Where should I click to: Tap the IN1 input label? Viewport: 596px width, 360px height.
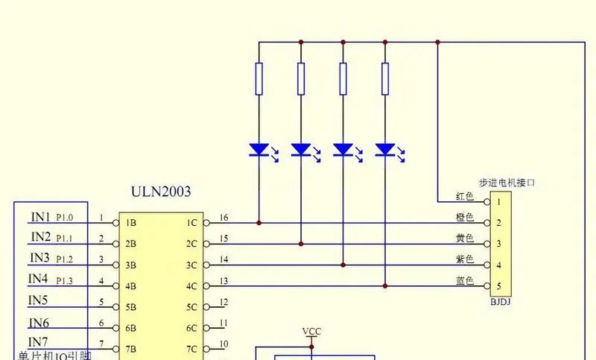tap(40, 218)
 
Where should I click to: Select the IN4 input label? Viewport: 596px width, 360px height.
tap(38, 279)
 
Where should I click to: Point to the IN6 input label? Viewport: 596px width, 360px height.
tap(39, 323)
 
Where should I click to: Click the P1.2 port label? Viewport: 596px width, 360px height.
tap(65, 259)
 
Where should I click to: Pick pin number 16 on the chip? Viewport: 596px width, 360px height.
tap(223, 218)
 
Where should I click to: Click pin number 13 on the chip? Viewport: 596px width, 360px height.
tap(223, 280)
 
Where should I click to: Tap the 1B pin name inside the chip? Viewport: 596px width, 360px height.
tap(130, 223)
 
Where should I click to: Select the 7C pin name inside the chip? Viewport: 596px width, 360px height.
tap(191, 349)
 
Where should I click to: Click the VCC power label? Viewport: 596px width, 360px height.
tap(312, 331)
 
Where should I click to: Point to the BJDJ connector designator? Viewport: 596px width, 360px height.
tap(499, 302)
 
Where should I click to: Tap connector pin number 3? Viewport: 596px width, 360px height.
tap(498, 244)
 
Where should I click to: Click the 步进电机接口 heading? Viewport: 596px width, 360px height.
tap(507, 182)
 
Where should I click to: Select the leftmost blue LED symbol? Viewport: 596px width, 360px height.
tap(259, 150)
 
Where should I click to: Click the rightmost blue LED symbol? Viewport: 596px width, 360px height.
tap(385, 150)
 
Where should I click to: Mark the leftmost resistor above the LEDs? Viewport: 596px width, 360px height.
tap(259, 79)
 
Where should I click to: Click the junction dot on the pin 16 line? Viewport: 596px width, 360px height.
tap(259, 222)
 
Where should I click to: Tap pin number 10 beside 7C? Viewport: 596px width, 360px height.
tap(223, 344)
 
